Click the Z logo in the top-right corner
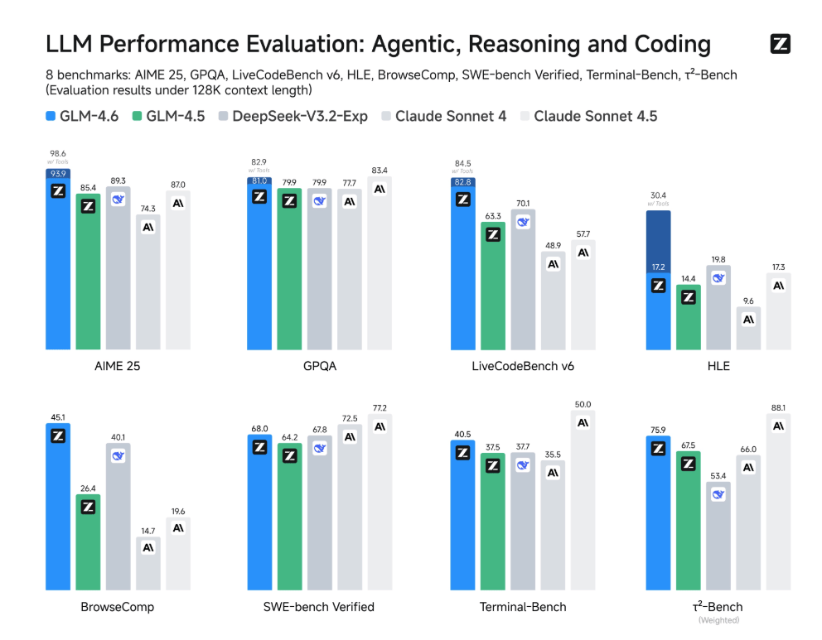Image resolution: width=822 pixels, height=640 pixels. (x=780, y=44)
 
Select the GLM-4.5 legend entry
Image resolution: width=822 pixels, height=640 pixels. (x=169, y=116)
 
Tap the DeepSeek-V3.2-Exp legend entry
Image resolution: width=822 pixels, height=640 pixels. (x=293, y=116)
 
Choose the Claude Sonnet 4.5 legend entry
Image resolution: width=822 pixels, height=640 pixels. (x=588, y=116)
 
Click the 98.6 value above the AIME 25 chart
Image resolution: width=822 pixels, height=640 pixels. (x=58, y=153)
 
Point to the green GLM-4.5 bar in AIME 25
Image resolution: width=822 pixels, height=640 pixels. (x=88, y=272)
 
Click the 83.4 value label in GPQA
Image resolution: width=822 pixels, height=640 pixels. (x=380, y=171)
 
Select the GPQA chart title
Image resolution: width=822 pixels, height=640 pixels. (x=320, y=366)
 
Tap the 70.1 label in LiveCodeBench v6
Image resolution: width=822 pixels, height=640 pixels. (x=523, y=203)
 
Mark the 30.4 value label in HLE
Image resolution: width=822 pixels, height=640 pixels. (x=658, y=195)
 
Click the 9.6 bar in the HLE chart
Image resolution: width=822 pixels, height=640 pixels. (x=748, y=329)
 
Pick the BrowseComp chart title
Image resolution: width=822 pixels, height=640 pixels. (x=118, y=607)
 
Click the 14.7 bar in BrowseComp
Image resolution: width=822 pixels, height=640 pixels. (x=148, y=564)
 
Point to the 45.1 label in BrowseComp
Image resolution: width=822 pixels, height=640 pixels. (x=58, y=417)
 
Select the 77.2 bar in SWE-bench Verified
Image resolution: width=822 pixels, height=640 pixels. (x=380, y=503)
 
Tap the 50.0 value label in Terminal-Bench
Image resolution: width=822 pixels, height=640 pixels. (x=583, y=404)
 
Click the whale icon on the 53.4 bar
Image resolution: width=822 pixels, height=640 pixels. (x=718, y=494)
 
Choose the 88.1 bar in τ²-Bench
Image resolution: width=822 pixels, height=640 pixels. (x=778, y=502)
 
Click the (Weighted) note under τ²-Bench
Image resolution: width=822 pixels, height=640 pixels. (x=718, y=620)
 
